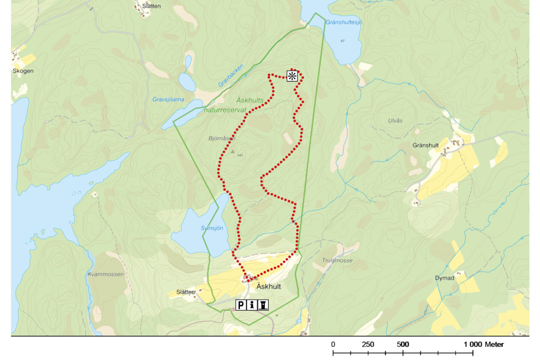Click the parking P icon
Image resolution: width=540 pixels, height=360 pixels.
(x=241, y=305)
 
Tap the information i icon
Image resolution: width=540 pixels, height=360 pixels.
(x=252, y=305)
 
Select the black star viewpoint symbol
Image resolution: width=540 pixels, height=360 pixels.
(x=292, y=76)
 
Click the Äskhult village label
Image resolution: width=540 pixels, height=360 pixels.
(x=268, y=287)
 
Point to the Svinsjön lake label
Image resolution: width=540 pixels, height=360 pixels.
(x=212, y=228)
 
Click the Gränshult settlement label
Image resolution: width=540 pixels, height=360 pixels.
(x=426, y=145)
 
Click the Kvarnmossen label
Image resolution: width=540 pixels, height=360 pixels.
(x=105, y=274)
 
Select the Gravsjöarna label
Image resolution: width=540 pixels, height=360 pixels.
(x=168, y=99)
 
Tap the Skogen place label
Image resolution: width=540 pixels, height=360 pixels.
(x=23, y=71)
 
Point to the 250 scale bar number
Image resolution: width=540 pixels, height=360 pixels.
(x=368, y=344)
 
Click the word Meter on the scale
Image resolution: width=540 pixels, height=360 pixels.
(x=494, y=344)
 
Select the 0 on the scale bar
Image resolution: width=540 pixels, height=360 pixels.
(x=333, y=344)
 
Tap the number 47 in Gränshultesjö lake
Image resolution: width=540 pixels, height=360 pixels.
(x=342, y=41)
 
